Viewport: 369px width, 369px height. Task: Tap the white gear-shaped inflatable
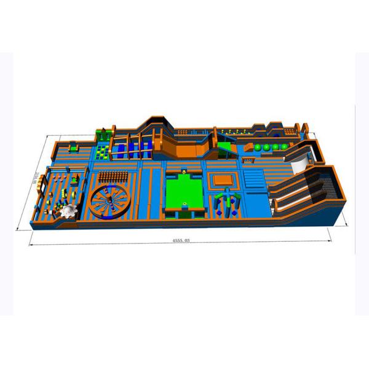[69, 211]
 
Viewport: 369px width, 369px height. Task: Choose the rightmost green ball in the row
[285, 146]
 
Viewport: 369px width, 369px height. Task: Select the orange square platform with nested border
[222, 180]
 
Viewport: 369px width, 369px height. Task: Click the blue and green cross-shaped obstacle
[227, 199]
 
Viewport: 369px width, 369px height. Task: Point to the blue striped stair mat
[253, 180]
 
